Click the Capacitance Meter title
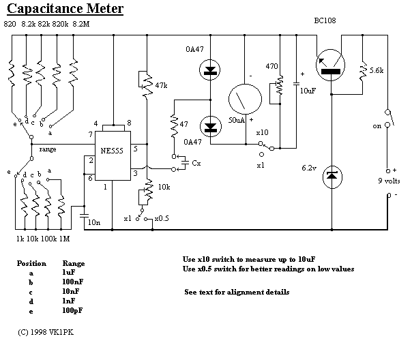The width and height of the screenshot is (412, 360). click(65, 9)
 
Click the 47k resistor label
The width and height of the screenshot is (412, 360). click(162, 86)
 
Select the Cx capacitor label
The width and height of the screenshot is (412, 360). click(196, 164)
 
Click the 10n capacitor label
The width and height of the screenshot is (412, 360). click(94, 223)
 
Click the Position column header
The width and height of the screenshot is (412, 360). click(32, 262)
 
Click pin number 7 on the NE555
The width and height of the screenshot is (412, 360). click(90, 134)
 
